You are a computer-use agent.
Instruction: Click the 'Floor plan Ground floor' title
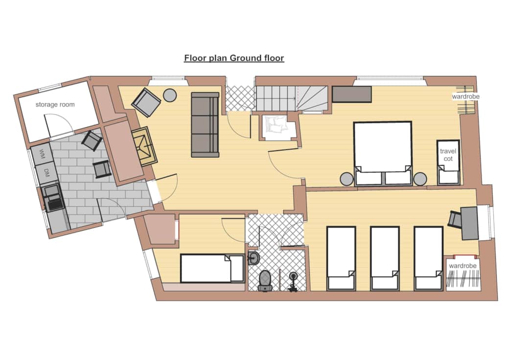click(x=234, y=58)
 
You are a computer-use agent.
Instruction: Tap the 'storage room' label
click(x=55, y=105)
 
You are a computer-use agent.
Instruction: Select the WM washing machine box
click(x=42, y=154)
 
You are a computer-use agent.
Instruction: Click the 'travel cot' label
click(x=448, y=155)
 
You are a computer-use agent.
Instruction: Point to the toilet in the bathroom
click(x=265, y=280)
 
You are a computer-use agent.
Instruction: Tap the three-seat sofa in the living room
click(x=205, y=125)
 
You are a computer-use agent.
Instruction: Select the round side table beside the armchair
click(x=170, y=96)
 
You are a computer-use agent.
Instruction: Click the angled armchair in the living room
click(x=146, y=102)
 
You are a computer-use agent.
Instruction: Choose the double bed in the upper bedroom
click(x=383, y=153)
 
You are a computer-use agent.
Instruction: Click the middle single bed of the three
click(x=385, y=258)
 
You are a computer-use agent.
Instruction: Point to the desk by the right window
click(x=469, y=223)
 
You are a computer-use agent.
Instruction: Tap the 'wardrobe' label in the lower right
click(x=463, y=266)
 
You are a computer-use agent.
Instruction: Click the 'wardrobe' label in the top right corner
click(x=465, y=96)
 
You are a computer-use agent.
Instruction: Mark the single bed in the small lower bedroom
click(x=212, y=268)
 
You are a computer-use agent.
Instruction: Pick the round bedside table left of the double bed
click(x=347, y=179)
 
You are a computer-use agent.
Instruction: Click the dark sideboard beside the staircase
click(x=351, y=94)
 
